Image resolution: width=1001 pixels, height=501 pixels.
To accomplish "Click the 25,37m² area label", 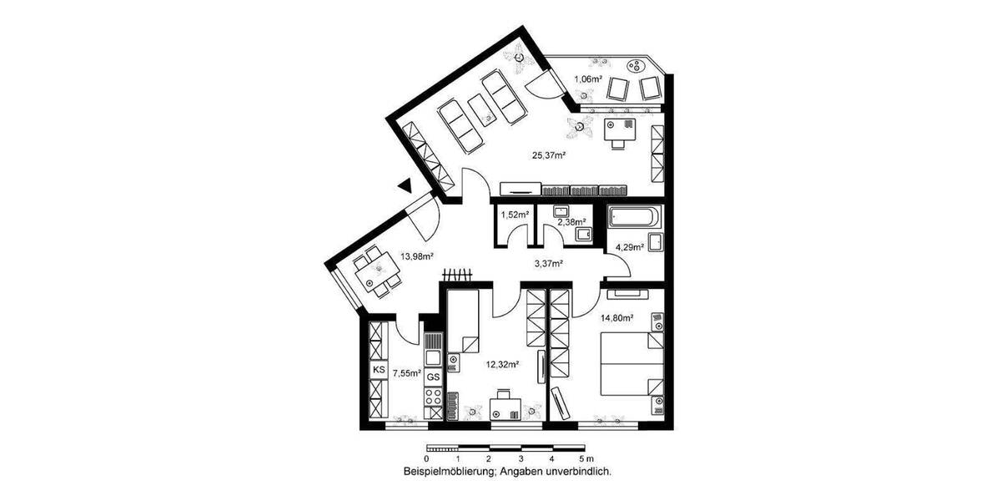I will pyautogui.click(x=550, y=154).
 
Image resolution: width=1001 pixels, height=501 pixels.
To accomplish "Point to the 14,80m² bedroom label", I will pyautogui.click(x=617, y=317).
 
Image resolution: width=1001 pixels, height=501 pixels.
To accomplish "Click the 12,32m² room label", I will pyautogui.click(x=503, y=365).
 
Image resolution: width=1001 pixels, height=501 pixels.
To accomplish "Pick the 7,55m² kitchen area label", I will pyautogui.click(x=406, y=373).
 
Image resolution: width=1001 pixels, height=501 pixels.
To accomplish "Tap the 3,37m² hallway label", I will pyautogui.click(x=548, y=264).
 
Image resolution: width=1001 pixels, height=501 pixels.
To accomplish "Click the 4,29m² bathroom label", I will pyautogui.click(x=630, y=246).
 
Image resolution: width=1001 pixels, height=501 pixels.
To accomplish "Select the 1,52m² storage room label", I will pyautogui.click(x=514, y=215).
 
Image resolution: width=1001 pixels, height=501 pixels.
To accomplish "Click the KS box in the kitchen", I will pyautogui.click(x=379, y=368).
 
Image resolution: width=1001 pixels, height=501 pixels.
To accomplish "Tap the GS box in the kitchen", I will pyautogui.click(x=433, y=377).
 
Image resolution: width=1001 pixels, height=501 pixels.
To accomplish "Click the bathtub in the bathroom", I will pyautogui.click(x=634, y=219).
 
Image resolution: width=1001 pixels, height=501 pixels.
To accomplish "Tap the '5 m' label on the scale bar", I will pyautogui.click(x=586, y=458).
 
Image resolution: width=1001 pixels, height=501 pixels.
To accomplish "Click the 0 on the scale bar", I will pyautogui.click(x=426, y=458).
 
